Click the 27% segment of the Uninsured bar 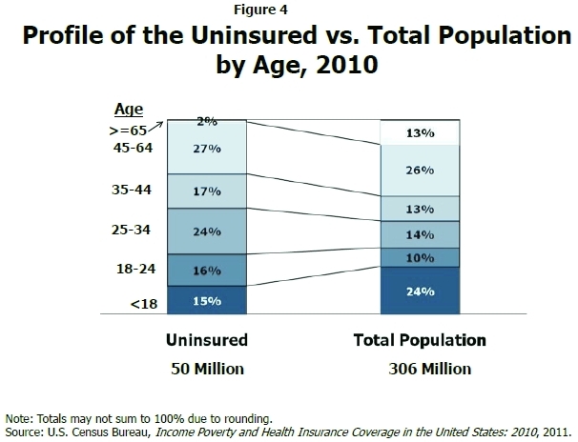click(x=208, y=149)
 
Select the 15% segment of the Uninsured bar click(x=208, y=300)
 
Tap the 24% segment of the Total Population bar click(x=421, y=291)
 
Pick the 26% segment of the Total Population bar click(x=421, y=171)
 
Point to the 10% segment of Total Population click(x=421, y=257)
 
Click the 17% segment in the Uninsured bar click(x=208, y=191)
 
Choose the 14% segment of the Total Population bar click(x=421, y=233)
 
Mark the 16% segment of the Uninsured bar click(x=208, y=271)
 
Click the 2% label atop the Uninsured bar click(x=208, y=121)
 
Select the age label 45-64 click(x=134, y=148)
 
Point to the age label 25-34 click(x=134, y=230)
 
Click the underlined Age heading click(x=129, y=110)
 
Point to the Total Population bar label click(x=421, y=340)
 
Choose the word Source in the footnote click(x=26, y=432)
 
